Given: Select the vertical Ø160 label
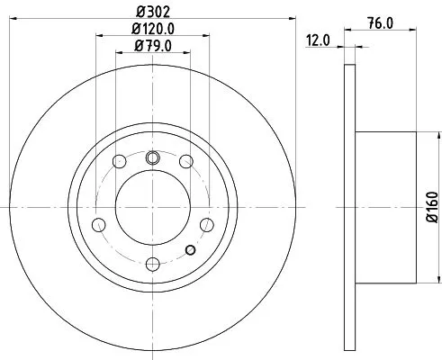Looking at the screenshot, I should click(x=431, y=207).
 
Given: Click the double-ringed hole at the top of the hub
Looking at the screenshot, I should click(x=152, y=158).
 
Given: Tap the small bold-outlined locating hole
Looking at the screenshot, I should click(x=190, y=250).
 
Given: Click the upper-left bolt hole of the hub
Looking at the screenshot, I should click(x=119, y=162).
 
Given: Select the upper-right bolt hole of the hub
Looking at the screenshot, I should click(x=185, y=162).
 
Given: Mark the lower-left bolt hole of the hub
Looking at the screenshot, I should click(x=100, y=224).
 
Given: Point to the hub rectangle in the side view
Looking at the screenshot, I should click(x=387, y=207).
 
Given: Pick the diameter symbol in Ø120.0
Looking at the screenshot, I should click(x=131, y=29).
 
